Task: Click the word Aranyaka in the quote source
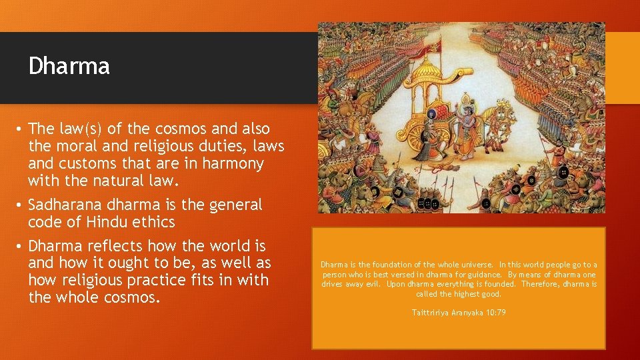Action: tap(468, 313)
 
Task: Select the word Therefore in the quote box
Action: tap(539, 284)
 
